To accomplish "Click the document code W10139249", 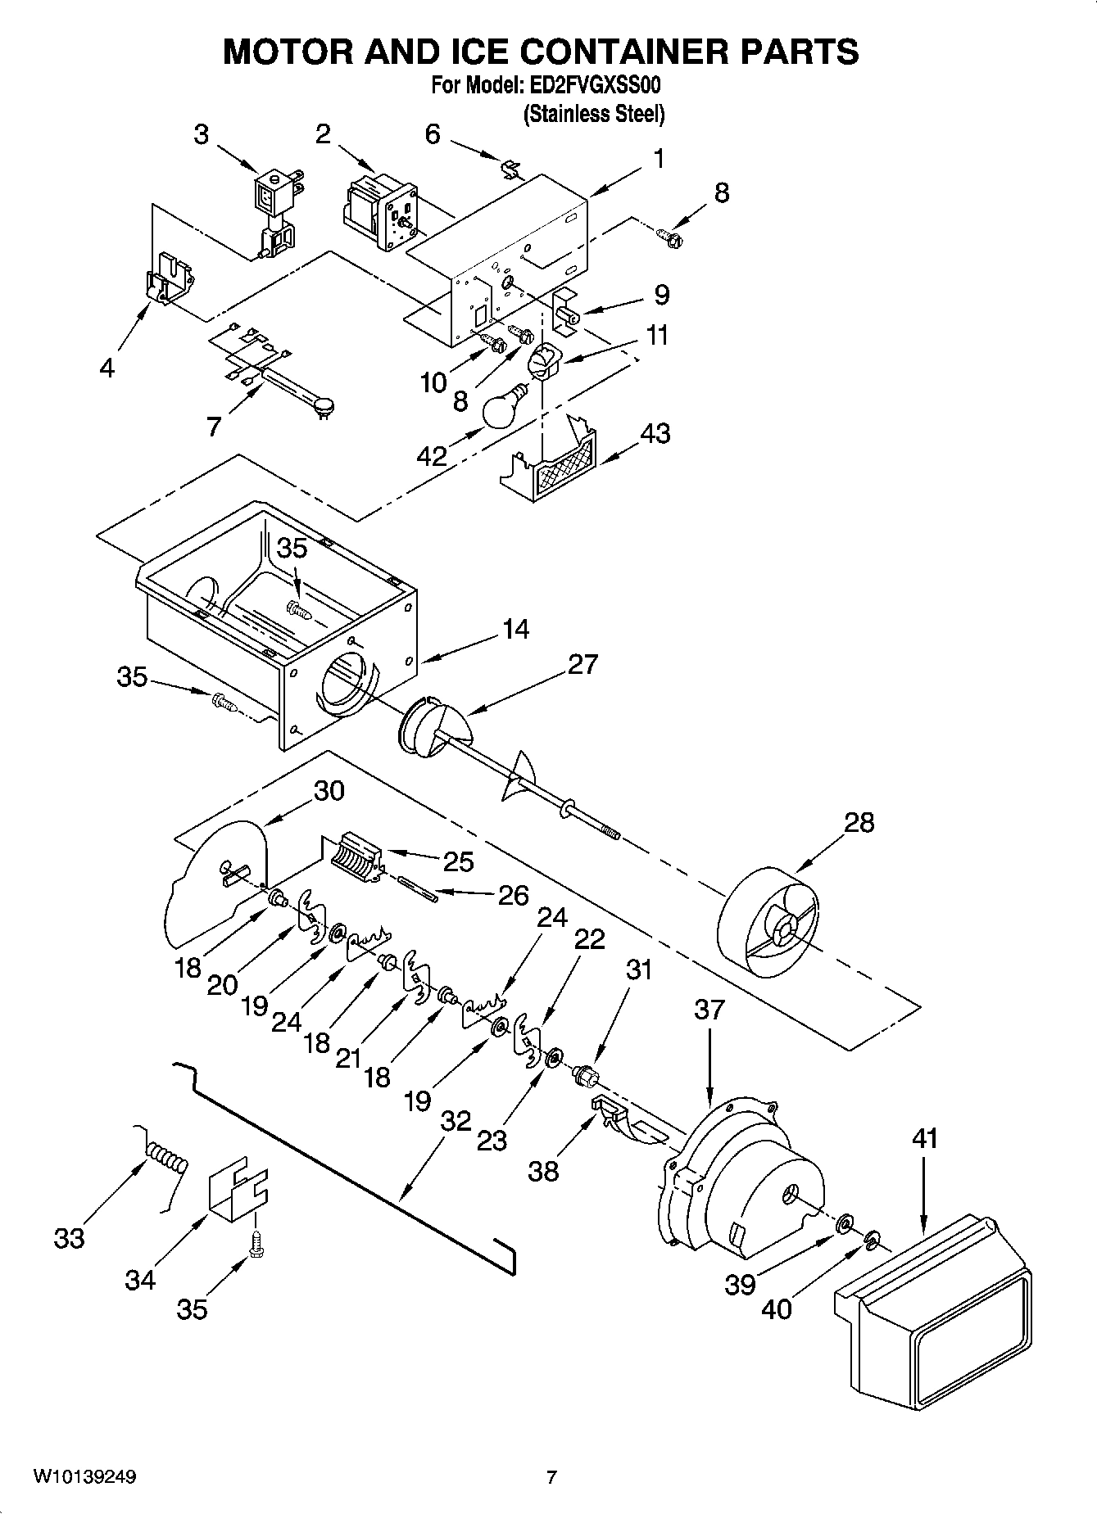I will (x=84, y=1477).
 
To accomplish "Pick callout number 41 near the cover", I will (x=924, y=1138).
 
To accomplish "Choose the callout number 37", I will (x=709, y=1010).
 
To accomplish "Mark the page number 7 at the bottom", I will (x=551, y=1477).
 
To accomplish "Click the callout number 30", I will (x=328, y=791).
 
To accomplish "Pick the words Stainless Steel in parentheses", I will (x=594, y=114).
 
